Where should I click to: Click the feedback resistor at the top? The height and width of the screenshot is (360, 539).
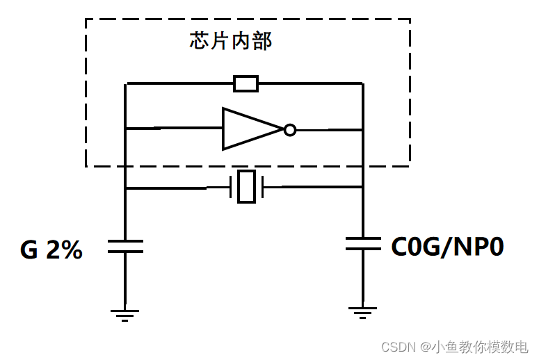[x=246, y=84]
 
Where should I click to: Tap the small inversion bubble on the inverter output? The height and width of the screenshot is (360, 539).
[x=290, y=129]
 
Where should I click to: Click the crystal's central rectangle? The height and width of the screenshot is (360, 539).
[x=246, y=187]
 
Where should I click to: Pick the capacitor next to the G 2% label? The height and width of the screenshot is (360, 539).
[x=126, y=246]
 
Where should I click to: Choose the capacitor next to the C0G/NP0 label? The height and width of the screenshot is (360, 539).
[x=363, y=243]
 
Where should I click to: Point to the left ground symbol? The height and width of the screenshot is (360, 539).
[x=125, y=315]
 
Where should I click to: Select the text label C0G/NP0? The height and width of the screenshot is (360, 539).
[x=447, y=247]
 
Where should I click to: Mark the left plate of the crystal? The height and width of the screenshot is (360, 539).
[x=231, y=187]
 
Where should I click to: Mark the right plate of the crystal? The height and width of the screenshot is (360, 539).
[x=263, y=187]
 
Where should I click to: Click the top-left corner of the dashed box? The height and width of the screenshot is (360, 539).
[x=86, y=19]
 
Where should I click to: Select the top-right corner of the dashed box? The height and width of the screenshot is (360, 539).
[x=410, y=19]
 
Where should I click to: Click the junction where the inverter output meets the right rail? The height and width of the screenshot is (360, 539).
[x=363, y=129]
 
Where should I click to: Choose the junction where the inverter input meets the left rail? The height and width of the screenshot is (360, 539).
[x=126, y=129]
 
